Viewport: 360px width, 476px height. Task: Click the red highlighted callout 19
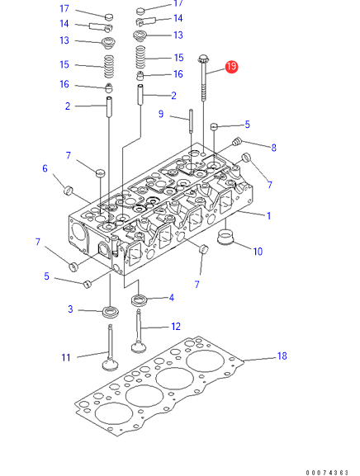click(x=231, y=67)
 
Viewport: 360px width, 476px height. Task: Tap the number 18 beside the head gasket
click(x=282, y=356)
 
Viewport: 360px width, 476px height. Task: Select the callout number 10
click(x=258, y=252)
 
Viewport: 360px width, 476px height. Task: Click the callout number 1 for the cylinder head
click(x=268, y=216)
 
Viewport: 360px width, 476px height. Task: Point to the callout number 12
click(x=176, y=327)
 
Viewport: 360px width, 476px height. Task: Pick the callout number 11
click(x=66, y=357)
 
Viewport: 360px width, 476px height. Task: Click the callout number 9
click(x=161, y=114)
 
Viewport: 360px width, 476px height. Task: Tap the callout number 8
click(x=274, y=148)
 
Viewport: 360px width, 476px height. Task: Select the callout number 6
click(x=45, y=168)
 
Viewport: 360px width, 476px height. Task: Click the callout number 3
click(x=70, y=309)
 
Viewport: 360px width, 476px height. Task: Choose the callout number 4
click(x=172, y=298)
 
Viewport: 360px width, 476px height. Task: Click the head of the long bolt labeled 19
click(x=202, y=59)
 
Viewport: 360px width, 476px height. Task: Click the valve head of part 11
click(x=110, y=365)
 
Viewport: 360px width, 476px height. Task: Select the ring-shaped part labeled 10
click(x=225, y=238)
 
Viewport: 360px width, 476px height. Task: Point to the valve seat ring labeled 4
click(x=140, y=300)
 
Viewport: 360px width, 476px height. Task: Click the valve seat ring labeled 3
click(x=111, y=312)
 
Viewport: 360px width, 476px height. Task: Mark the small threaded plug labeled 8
click(x=237, y=141)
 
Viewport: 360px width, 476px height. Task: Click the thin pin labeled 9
click(x=191, y=120)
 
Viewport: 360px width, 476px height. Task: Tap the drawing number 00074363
click(x=327, y=473)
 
